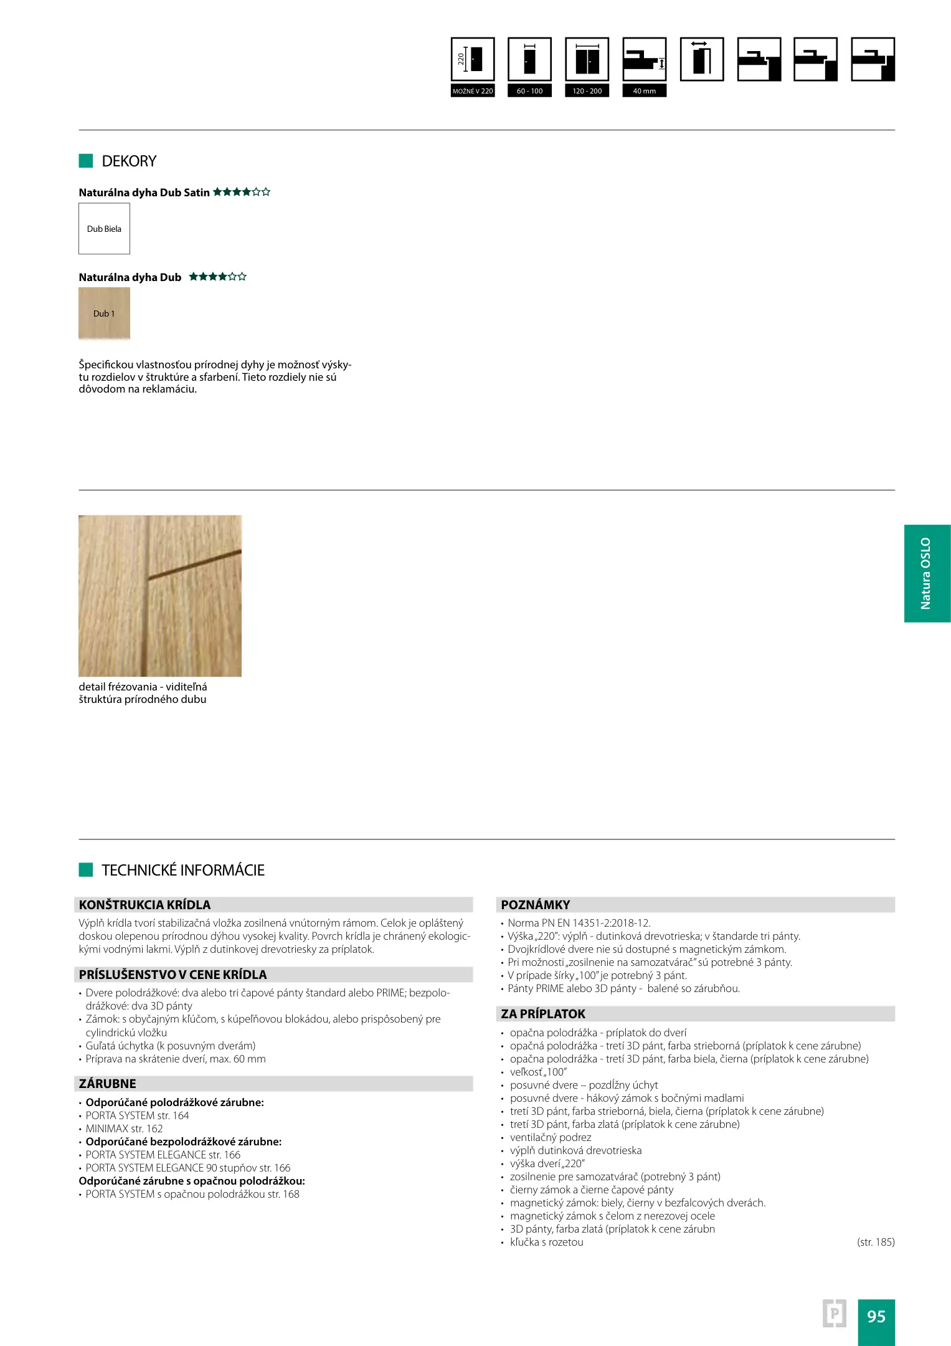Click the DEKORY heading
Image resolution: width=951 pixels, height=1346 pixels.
[129, 161]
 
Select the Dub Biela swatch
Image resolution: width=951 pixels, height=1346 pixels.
[104, 229]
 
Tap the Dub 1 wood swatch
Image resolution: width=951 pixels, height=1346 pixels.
[104, 313]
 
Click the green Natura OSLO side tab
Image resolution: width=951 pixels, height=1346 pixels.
[927, 573]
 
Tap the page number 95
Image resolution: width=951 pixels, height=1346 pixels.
[876, 1317]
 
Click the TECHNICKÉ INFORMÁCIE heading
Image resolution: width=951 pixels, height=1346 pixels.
[183, 871]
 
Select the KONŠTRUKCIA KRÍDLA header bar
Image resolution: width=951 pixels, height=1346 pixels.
[274, 905]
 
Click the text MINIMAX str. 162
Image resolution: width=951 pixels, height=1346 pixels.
[124, 1129]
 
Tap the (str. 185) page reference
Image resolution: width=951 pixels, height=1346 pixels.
[876, 1242]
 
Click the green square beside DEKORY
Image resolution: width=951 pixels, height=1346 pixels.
[86, 161]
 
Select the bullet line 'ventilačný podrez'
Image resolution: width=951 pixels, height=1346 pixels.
[550, 1137]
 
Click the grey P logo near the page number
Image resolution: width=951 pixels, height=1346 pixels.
[834, 1314]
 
